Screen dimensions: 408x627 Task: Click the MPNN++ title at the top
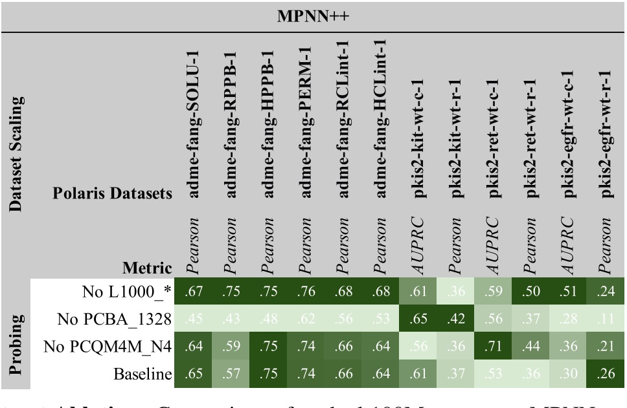(314, 14)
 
